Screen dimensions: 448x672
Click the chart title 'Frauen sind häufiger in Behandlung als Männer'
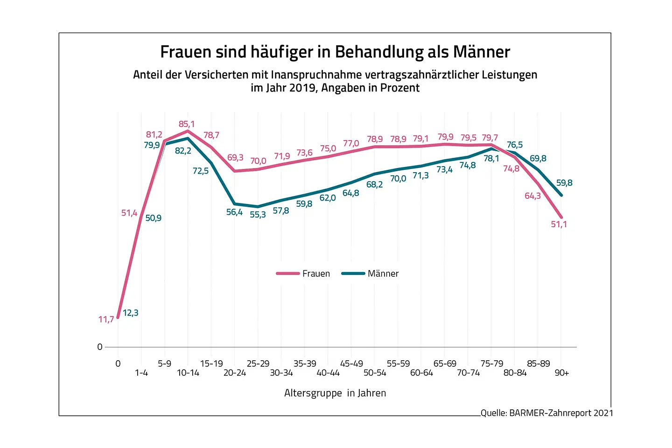click(x=335, y=52)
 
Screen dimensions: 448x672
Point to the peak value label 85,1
click(x=187, y=124)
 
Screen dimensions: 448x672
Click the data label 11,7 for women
click(x=106, y=320)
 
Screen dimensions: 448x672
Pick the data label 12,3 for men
click(x=131, y=313)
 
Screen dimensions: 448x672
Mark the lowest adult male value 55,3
click(x=258, y=215)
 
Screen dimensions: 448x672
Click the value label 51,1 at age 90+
click(x=559, y=224)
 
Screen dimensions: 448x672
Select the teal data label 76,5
click(x=515, y=145)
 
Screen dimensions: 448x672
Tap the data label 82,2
click(x=183, y=151)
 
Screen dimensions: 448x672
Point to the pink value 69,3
click(x=235, y=158)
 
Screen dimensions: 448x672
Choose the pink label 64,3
click(x=532, y=196)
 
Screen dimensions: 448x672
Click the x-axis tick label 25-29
click(x=258, y=364)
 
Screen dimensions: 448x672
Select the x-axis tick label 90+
click(x=561, y=373)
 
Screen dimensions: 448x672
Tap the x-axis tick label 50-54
click(x=375, y=373)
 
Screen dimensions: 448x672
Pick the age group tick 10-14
click(x=188, y=373)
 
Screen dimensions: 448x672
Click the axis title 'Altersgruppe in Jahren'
click(x=335, y=393)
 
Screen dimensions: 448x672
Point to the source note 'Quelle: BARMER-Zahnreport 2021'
click(x=547, y=413)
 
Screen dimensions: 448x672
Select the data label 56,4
click(x=234, y=212)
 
